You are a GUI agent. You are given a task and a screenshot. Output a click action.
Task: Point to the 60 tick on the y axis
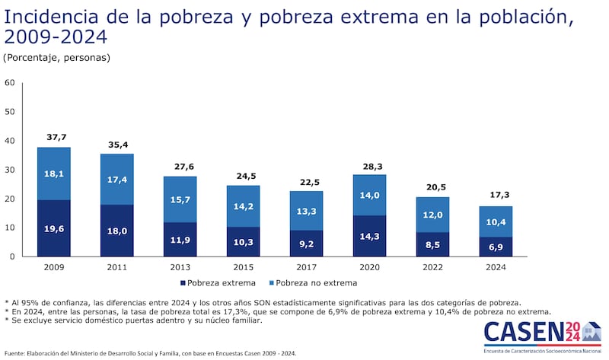coord(10,82)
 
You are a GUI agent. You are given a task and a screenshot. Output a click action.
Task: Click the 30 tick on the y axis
coord(10,170)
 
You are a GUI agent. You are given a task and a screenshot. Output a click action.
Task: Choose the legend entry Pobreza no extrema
coord(313,283)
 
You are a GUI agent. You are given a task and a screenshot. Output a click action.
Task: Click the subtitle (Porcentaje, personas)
coord(57,57)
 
